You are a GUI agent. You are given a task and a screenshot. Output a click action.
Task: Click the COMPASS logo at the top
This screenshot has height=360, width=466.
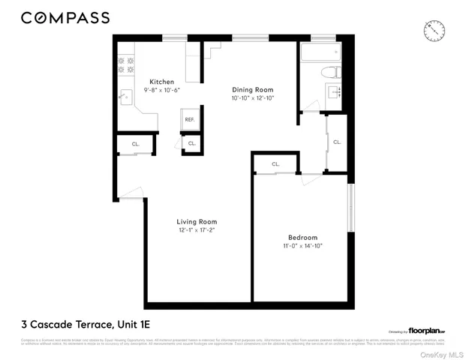(65, 17)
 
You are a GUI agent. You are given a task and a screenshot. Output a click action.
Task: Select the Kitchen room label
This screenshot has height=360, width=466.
(161, 82)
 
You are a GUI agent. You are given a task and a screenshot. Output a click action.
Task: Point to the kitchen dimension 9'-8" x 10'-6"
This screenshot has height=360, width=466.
(161, 90)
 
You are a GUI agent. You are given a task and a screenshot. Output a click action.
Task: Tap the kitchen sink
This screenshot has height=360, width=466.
(127, 96)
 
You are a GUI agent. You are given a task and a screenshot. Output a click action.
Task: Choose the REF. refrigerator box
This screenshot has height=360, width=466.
(190, 120)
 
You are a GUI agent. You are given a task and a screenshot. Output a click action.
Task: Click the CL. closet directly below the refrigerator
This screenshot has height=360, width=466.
(191, 143)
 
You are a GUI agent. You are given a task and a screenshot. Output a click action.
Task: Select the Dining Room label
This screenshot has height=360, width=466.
(249, 89)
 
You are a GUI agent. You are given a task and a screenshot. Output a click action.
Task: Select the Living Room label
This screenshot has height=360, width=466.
(197, 221)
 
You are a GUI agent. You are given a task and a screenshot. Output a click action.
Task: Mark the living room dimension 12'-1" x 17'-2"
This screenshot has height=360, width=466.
(197, 230)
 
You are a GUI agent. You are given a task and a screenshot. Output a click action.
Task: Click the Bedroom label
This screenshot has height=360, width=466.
(302, 237)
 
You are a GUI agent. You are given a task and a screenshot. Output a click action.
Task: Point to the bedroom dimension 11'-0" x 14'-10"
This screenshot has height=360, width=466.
(302, 246)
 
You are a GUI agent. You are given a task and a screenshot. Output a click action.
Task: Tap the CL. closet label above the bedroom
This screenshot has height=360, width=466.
(275, 163)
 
